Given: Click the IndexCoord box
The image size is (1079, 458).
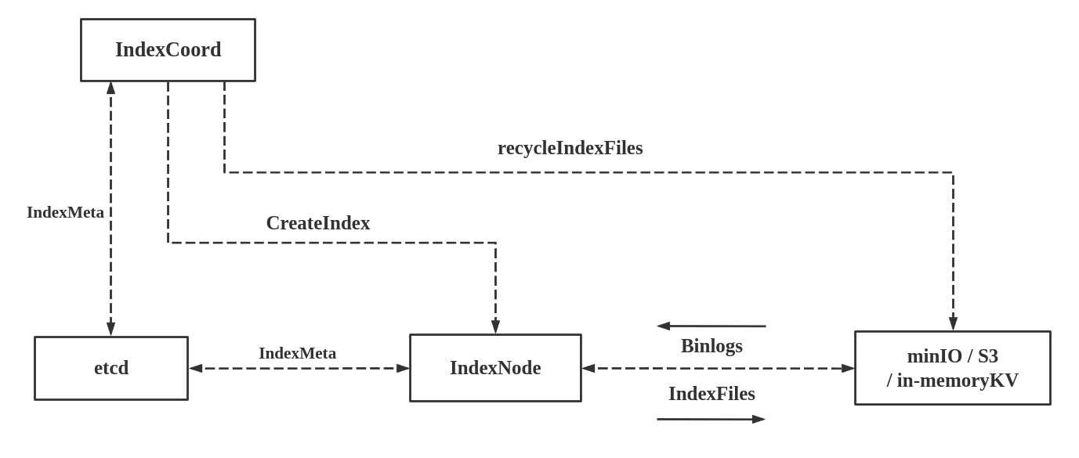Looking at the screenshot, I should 168,50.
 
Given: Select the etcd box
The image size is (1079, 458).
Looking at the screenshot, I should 111,368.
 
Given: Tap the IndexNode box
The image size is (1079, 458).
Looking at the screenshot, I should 495,368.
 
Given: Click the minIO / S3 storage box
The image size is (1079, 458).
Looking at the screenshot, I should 952,368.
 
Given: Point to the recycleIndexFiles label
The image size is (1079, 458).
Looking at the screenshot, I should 570,148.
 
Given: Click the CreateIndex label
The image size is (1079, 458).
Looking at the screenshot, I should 317,223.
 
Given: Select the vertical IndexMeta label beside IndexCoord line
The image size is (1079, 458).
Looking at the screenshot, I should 65,212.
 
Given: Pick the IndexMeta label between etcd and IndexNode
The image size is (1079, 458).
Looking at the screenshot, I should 297,353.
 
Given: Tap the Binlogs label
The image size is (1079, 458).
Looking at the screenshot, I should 711,346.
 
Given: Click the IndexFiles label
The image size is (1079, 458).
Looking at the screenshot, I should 711,394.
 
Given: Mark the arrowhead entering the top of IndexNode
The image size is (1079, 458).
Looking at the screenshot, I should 495,326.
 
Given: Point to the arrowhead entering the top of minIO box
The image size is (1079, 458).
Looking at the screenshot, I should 953,323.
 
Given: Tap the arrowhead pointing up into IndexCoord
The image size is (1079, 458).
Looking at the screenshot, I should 110,88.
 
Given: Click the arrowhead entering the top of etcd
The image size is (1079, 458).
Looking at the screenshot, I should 110,329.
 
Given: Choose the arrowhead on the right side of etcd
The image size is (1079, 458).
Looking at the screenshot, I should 196,368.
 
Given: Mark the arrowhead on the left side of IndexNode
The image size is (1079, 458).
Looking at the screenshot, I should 403,368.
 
